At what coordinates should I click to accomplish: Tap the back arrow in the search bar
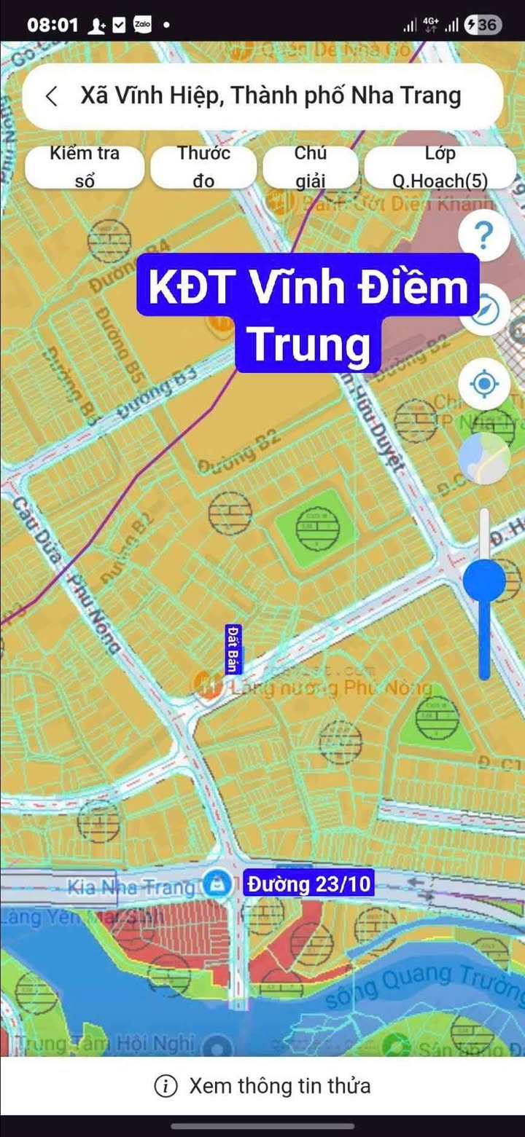point(52,96)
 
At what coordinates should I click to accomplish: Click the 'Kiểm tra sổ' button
point(85,167)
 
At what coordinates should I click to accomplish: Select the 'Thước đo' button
point(203,167)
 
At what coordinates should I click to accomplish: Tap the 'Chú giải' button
point(310,167)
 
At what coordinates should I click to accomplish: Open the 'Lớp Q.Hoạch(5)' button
point(440,167)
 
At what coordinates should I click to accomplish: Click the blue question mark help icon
point(483,236)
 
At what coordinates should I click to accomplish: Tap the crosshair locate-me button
point(484,383)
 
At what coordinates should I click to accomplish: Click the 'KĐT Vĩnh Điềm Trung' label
point(308,313)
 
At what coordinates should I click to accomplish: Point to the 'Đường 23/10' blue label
point(309,884)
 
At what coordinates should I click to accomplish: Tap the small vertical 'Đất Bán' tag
point(233,649)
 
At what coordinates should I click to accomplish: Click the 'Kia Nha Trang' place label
point(131,887)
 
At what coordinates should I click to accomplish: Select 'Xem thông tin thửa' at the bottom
point(262,1086)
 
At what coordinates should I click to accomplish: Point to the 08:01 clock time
point(52,25)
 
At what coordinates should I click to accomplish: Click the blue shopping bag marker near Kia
point(215,884)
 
